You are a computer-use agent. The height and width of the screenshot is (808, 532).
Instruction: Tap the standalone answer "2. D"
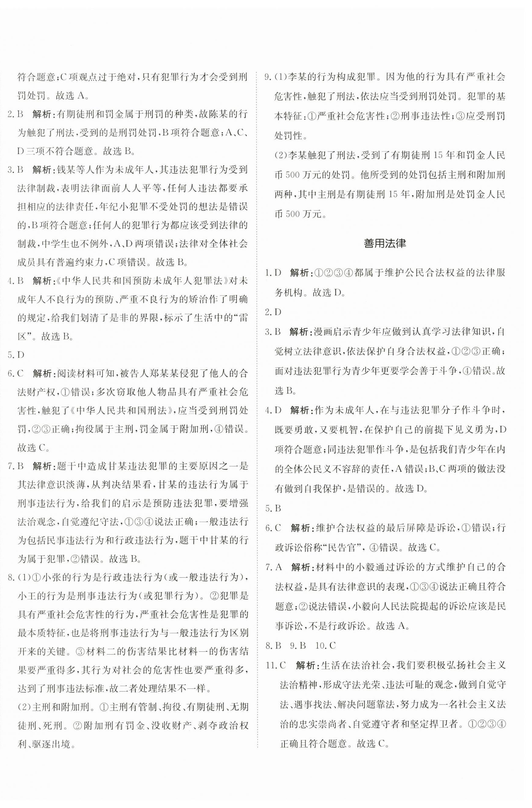click(x=273, y=312)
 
